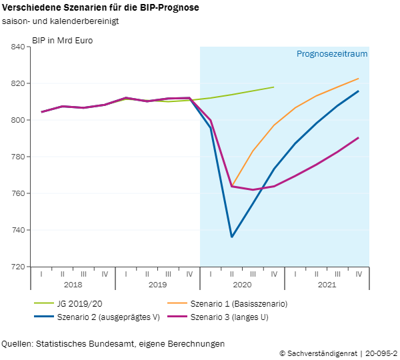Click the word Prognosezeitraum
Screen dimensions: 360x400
coord(332,54)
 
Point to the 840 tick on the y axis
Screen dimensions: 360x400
coord(18,47)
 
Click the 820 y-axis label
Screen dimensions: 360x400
coord(18,84)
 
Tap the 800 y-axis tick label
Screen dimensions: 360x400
coord(18,121)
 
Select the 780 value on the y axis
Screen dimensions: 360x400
coord(18,157)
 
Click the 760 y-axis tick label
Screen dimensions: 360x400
coord(18,194)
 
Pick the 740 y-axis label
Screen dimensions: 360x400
coord(18,231)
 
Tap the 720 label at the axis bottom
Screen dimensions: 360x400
coord(18,267)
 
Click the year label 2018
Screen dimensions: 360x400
coord(73,285)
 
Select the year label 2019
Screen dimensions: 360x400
coord(157,285)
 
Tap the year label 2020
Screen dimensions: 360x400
coord(242,285)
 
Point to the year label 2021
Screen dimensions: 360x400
coord(327,285)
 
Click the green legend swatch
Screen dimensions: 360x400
coord(44,303)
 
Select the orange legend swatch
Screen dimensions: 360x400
coord(177,303)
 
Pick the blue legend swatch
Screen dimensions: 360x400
coord(44,315)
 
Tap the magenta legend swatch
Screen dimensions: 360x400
coord(177,315)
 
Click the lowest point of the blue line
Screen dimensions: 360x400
coord(232,237)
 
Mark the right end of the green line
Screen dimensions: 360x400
coord(274,87)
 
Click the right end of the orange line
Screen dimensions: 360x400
coord(359,79)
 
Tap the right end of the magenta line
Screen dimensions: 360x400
coord(359,138)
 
